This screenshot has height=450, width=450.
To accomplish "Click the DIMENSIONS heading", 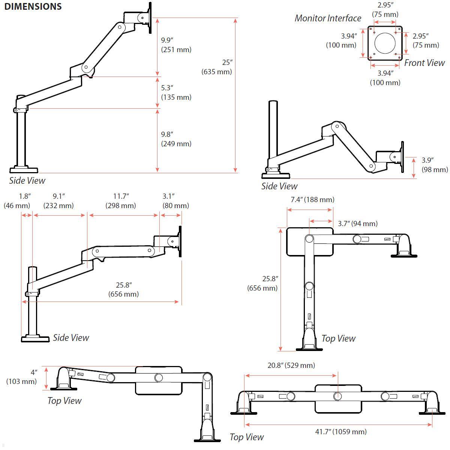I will (33, 6).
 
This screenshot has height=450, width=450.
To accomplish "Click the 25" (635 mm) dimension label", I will (217, 67).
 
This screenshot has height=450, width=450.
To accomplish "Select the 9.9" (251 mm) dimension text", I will (176, 45).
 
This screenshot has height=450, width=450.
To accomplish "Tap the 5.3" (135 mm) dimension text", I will (176, 92).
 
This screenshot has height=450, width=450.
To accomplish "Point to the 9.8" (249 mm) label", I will (176, 139).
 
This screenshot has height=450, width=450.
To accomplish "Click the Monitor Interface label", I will (328, 18).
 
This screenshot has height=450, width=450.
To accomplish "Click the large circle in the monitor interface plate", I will (385, 43).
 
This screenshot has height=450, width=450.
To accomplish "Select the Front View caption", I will (424, 63).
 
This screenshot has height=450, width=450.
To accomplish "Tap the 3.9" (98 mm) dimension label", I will (434, 165).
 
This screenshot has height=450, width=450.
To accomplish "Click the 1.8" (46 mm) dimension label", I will (17, 201).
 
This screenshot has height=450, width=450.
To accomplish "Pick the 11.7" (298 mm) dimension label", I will (121, 201).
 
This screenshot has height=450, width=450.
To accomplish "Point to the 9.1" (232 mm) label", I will (58, 201).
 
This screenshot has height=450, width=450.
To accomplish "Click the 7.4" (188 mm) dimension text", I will (312, 199).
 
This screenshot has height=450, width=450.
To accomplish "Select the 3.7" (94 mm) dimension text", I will (357, 223).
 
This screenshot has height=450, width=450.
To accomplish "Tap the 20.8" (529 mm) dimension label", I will (291, 365).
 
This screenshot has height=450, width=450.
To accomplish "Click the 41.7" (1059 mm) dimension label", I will (340, 432).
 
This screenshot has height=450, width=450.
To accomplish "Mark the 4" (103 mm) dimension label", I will (22, 377).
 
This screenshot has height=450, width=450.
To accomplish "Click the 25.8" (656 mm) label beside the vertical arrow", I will (262, 283).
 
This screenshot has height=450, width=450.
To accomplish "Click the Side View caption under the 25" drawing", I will (27, 180).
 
